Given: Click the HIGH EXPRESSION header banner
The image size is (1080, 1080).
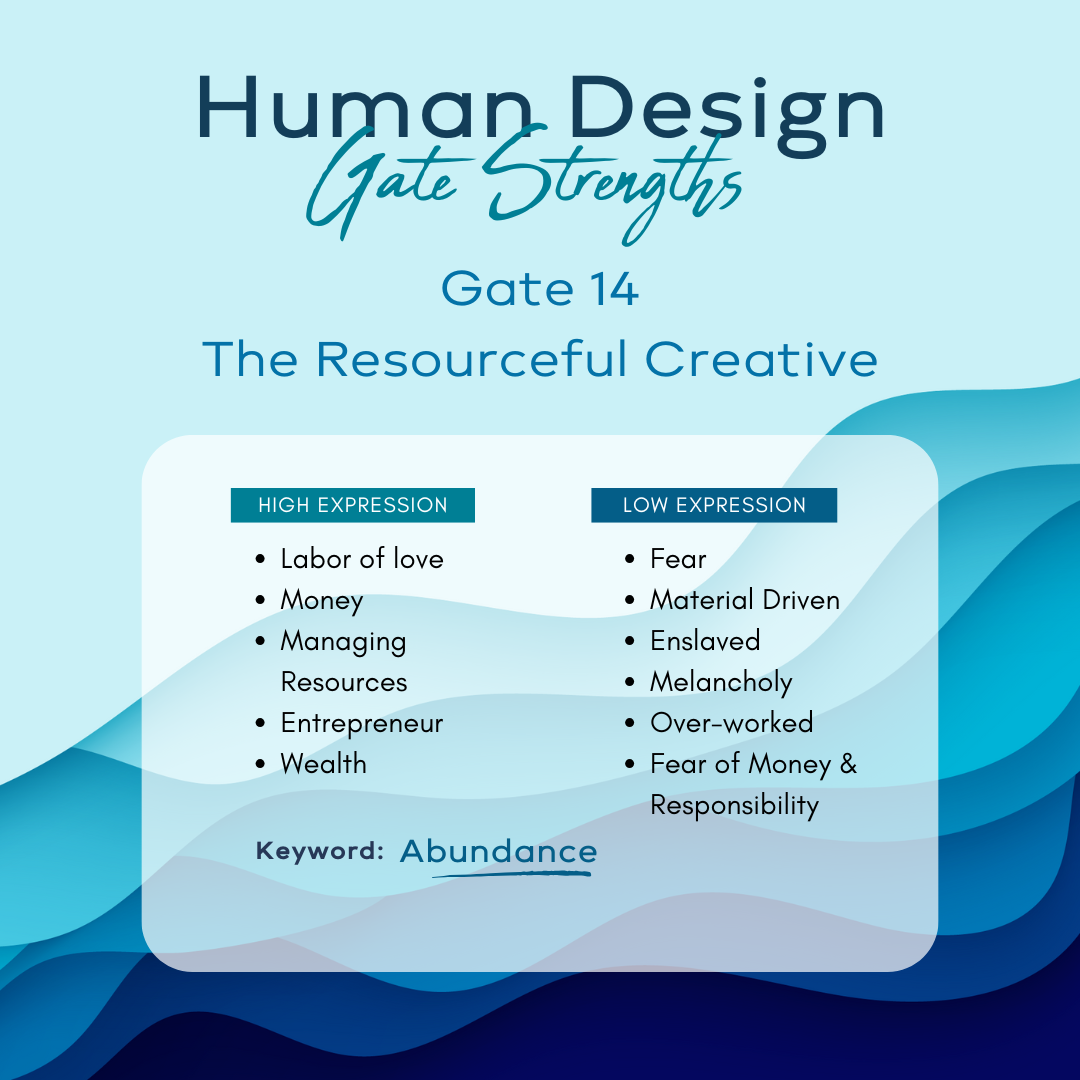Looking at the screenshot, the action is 353,505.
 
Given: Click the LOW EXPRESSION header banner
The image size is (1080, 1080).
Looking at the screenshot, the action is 714,505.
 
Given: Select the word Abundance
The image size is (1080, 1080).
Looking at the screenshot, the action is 499,851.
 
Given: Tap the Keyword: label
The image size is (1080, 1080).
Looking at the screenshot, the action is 320,851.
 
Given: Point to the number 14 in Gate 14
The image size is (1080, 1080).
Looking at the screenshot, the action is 614,289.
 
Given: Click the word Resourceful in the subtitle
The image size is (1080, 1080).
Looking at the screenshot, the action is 472,359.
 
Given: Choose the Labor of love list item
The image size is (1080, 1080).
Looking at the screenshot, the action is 362,559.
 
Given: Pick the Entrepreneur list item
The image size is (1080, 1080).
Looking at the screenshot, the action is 362,724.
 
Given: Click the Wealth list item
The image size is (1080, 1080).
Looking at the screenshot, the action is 324,764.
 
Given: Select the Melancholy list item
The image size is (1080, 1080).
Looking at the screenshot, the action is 721,683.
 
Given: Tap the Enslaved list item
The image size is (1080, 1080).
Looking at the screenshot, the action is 705,641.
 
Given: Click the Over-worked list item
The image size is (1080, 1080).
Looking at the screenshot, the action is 731,723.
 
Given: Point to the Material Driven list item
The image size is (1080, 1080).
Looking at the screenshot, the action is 745,600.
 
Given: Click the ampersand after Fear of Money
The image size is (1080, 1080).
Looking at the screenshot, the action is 848,764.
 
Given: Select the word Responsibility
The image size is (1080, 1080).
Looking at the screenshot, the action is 734,805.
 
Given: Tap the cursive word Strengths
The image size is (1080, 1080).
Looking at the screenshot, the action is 612,183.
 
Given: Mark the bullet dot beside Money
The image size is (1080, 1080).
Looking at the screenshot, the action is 260,600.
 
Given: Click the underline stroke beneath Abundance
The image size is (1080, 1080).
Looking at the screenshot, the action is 511,875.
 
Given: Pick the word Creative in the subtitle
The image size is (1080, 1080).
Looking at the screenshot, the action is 761,359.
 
